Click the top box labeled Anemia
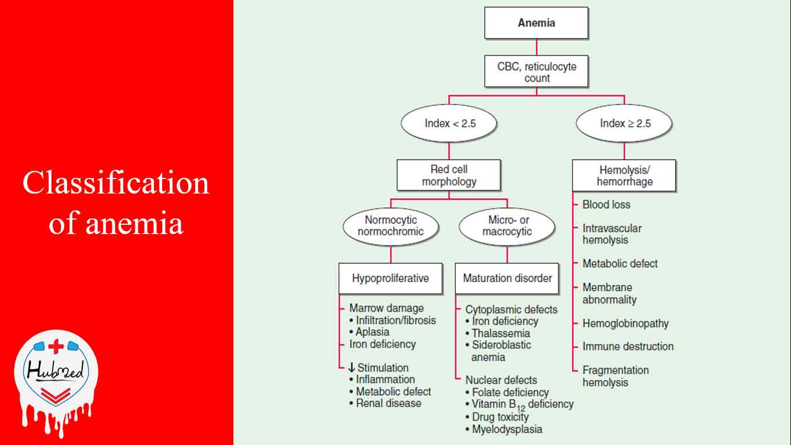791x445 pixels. [x=536, y=23]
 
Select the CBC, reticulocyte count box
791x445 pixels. [x=536, y=72]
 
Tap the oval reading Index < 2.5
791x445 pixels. [x=449, y=123]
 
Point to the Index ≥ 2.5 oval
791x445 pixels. [x=625, y=123]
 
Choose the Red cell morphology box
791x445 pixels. [x=449, y=176]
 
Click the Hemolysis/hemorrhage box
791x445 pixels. [x=624, y=176]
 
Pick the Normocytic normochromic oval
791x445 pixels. [x=391, y=226]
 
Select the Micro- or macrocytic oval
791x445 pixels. [x=507, y=226]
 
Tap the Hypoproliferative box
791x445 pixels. [x=390, y=278]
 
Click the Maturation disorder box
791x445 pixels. [x=507, y=278]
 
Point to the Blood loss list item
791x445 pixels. [x=606, y=205]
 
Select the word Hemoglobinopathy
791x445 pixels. [x=625, y=323]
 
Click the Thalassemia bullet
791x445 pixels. [x=501, y=333]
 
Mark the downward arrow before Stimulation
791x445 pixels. [x=351, y=368]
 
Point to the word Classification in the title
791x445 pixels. [x=116, y=183]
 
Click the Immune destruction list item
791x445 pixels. [x=628, y=346]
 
